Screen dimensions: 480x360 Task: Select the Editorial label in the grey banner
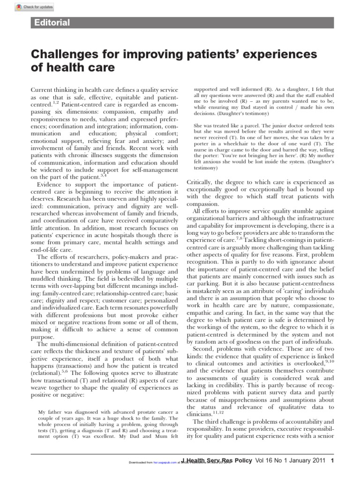(x=50, y=22)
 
